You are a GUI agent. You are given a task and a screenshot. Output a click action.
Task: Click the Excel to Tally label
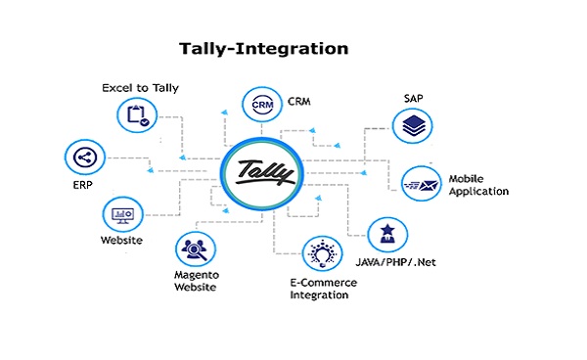click(137, 88)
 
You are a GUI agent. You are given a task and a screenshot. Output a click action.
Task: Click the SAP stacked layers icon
click(412, 124)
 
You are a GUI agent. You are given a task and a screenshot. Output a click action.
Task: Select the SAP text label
click(414, 97)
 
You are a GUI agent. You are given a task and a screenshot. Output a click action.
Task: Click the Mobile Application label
click(478, 185)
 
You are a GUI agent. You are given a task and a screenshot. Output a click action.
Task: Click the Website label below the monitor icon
click(122, 241)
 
